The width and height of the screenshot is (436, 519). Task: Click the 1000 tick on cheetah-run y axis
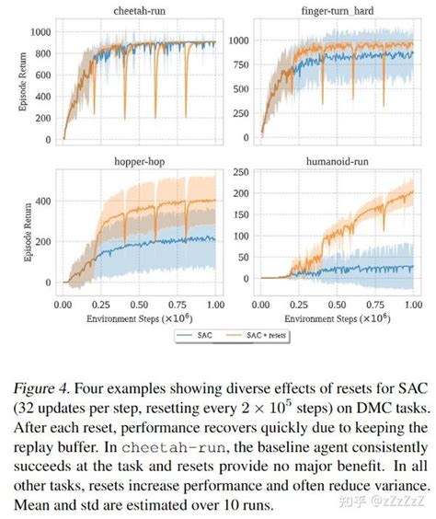point(40,31)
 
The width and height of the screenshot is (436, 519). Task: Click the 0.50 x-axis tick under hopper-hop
point(139,303)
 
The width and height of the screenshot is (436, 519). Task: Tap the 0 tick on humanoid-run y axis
point(249,279)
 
